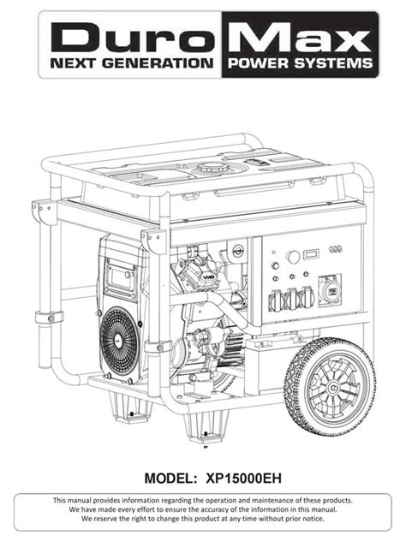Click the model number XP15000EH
(243, 479)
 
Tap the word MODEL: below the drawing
(171, 479)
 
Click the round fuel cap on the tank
(213, 169)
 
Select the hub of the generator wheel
(333, 388)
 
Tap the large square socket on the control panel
(330, 290)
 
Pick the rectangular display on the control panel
(311, 254)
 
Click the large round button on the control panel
(293, 257)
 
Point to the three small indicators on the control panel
(336, 249)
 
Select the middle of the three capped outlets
(292, 299)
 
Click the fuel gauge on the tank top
(256, 162)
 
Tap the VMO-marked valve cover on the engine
(196, 269)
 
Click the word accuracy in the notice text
(218, 509)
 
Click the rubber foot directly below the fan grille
(130, 408)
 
